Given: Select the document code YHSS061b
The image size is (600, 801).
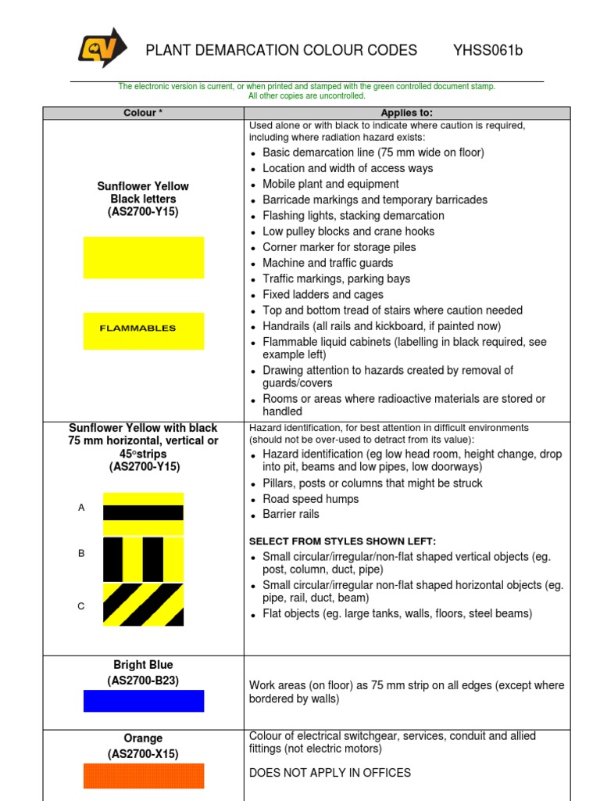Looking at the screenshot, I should point(487,51).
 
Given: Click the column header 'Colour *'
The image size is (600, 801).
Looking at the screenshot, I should point(143,113).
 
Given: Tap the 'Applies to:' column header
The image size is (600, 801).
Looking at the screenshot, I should point(406,113).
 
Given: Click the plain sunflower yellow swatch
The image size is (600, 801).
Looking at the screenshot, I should point(144,257).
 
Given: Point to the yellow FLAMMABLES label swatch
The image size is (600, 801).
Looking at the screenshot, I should point(144,330).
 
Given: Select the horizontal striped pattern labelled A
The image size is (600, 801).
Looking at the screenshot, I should point(143,513).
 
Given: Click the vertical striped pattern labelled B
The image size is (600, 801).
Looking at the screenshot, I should point(143,559).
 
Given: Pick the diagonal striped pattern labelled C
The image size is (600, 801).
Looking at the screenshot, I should point(143,605).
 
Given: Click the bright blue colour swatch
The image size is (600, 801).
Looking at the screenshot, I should point(144,701).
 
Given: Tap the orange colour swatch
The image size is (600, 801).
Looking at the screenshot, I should point(144,775).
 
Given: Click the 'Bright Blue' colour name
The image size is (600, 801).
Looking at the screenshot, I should point(143,665).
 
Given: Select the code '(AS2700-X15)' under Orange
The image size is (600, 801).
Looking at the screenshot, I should point(143,754).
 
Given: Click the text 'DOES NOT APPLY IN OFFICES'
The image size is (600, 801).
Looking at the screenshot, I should point(330,773).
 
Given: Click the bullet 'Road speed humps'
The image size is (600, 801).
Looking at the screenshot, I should point(310,499).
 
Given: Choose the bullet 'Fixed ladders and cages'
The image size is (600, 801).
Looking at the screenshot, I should point(323,295).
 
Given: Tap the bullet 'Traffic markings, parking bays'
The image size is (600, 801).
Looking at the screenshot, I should point(336,279).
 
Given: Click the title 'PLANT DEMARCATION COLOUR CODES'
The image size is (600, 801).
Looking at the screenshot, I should point(281,51).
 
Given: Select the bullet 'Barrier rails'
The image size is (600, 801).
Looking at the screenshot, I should point(291,515).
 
